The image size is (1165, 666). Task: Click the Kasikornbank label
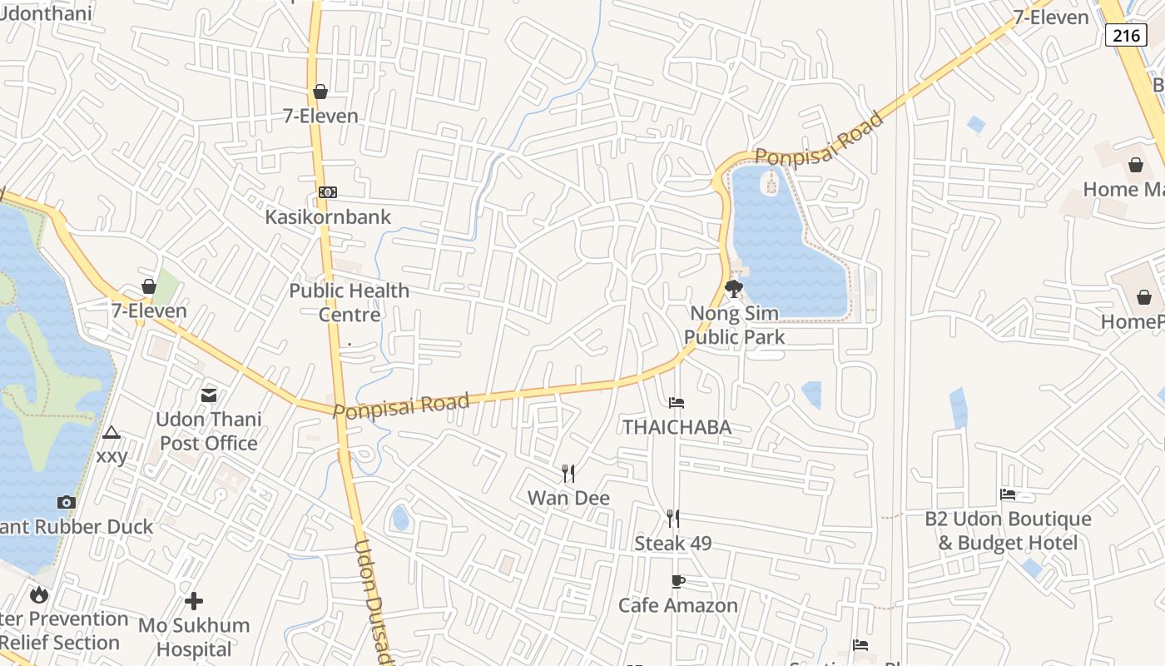pyautogui.click(x=328, y=216)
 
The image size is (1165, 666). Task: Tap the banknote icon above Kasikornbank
pyautogui.click(x=328, y=193)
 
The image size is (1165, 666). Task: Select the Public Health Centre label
pyautogui.click(x=349, y=302)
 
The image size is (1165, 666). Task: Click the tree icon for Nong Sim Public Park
pyautogui.click(x=734, y=289)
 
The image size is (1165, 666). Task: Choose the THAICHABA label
pyautogui.click(x=677, y=427)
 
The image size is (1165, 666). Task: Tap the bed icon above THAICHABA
pyautogui.click(x=677, y=403)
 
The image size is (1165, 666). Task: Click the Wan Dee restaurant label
pyautogui.click(x=569, y=498)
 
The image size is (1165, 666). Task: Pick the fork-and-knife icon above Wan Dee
pyautogui.click(x=568, y=474)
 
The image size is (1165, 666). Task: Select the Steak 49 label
pyautogui.click(x=673, y=544)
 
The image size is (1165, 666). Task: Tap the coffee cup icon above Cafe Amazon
pyautogui.click(x=677, y=581)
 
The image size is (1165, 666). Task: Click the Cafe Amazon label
pyautogui.click(x=678, y=605)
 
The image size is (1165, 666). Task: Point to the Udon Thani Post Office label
pyautogui.click(x=209, y=430)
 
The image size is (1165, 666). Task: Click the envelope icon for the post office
pyautogui.click(x=209, y=395)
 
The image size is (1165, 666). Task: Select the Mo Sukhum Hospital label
pyautogui.click(x=194, y=637)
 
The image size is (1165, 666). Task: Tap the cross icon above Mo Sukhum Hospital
pyautogui.click(x=194, y=601)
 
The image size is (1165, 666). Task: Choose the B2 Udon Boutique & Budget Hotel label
pyautogui.click(x=1008, y=530)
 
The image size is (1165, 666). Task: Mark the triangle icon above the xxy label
pyautogui.click(x=112, y=433)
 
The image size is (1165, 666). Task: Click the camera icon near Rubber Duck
pyautogui.click(x=67, y=502)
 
